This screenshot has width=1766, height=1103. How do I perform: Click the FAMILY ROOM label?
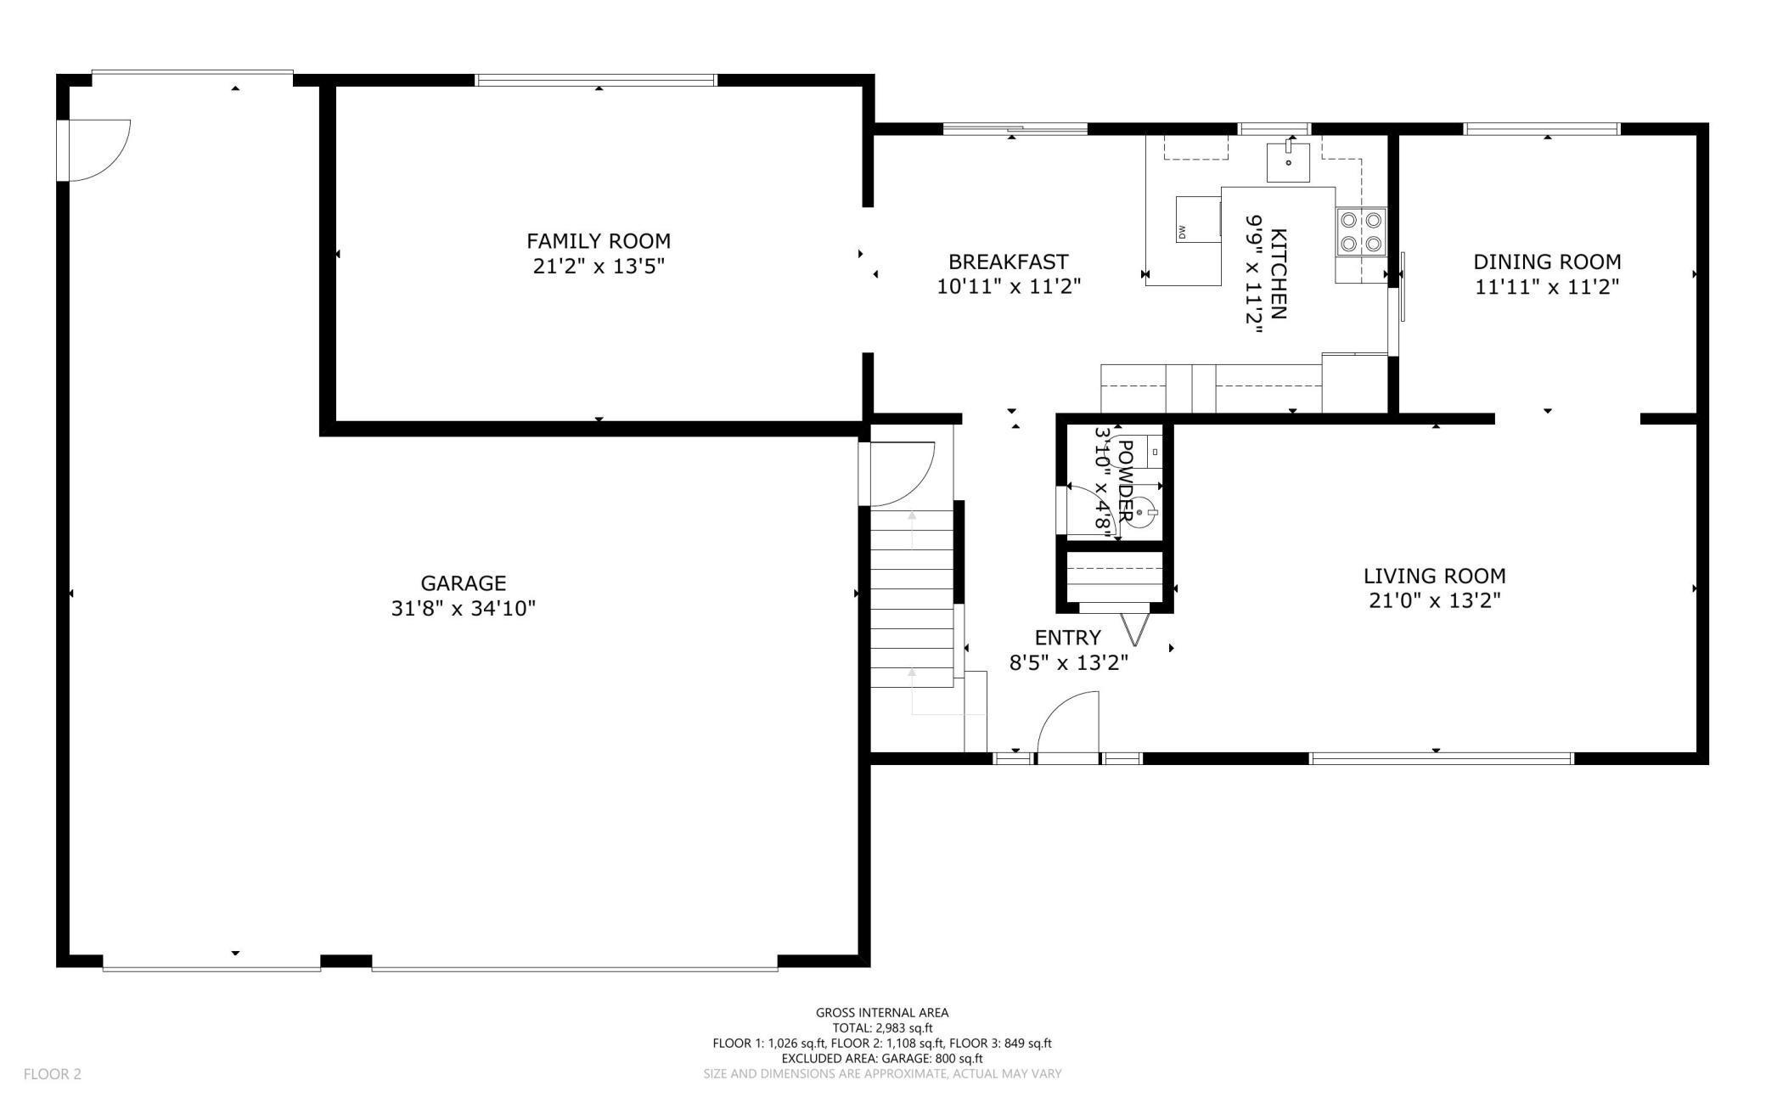(x=598, y=241)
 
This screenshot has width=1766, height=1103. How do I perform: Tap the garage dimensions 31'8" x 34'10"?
(x=463, y=609)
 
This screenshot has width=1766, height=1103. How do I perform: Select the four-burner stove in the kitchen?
(x=1361, y=232)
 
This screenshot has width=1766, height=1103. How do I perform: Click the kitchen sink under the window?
(x=1288, y=162)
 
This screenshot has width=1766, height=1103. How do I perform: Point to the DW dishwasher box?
(x=1198, y=219)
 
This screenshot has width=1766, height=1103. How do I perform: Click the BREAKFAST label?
(x=1008, y=262)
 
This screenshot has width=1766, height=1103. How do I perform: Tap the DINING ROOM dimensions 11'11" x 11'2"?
(x=1546, y=287)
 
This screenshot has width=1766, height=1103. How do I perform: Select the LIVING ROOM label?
(x=1434, y=576)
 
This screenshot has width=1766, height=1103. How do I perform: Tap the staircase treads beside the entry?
(x=912, y=599)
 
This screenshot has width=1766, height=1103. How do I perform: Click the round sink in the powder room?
(x=1139, y=513)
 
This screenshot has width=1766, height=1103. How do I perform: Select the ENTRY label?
(x=1067, y=638)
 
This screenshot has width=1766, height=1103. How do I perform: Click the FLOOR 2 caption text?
(x=53, y=1074)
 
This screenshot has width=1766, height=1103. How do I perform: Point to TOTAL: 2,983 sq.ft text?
(x=881, y=1027)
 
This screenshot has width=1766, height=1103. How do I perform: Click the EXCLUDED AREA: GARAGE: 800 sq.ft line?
(x=881, y=1058)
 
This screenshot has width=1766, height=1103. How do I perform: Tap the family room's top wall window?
(x=596, y=81)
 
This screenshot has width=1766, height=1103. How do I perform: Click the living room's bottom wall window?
(x=1441, y=758)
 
